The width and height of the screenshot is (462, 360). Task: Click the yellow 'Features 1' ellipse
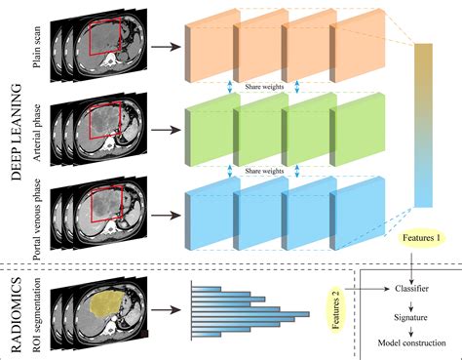click(418, 238)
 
